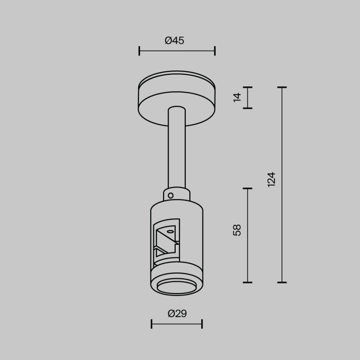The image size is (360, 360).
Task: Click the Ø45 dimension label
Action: pos(174,41)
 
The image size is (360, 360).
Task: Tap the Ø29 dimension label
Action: pos(177,314)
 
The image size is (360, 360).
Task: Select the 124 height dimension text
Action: pos(271,179)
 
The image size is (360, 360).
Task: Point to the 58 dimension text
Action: pos(237,230)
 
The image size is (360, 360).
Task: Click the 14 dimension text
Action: pos(237,98)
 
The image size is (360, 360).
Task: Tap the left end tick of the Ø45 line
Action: pos(139,51)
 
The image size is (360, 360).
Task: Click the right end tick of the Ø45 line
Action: pos(215,51)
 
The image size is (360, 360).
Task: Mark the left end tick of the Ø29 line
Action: pos(151,324)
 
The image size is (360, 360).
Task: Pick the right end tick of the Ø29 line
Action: pos(202,324)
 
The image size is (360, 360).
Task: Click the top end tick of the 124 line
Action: pos(282,87)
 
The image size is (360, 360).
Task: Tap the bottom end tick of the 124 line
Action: pos(282,283)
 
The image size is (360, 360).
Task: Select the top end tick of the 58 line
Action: pos(247,188)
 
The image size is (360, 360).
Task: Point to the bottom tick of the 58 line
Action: pos(247,283)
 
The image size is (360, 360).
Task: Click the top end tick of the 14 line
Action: pos(247,87)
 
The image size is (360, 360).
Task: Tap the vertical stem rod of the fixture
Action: pos(177,148)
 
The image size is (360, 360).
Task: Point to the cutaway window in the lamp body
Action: pos(166,241)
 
